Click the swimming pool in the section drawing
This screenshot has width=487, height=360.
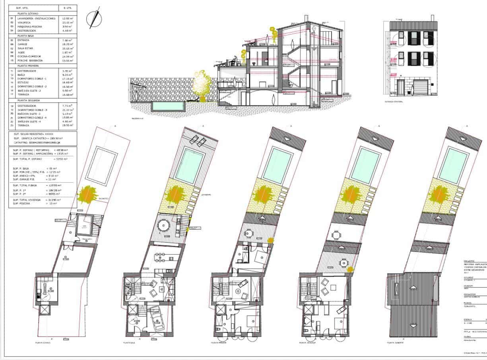click(169, 106)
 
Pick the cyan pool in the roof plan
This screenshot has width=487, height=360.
click(453, 165)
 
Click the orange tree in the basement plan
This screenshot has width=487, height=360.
click(88, 194)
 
